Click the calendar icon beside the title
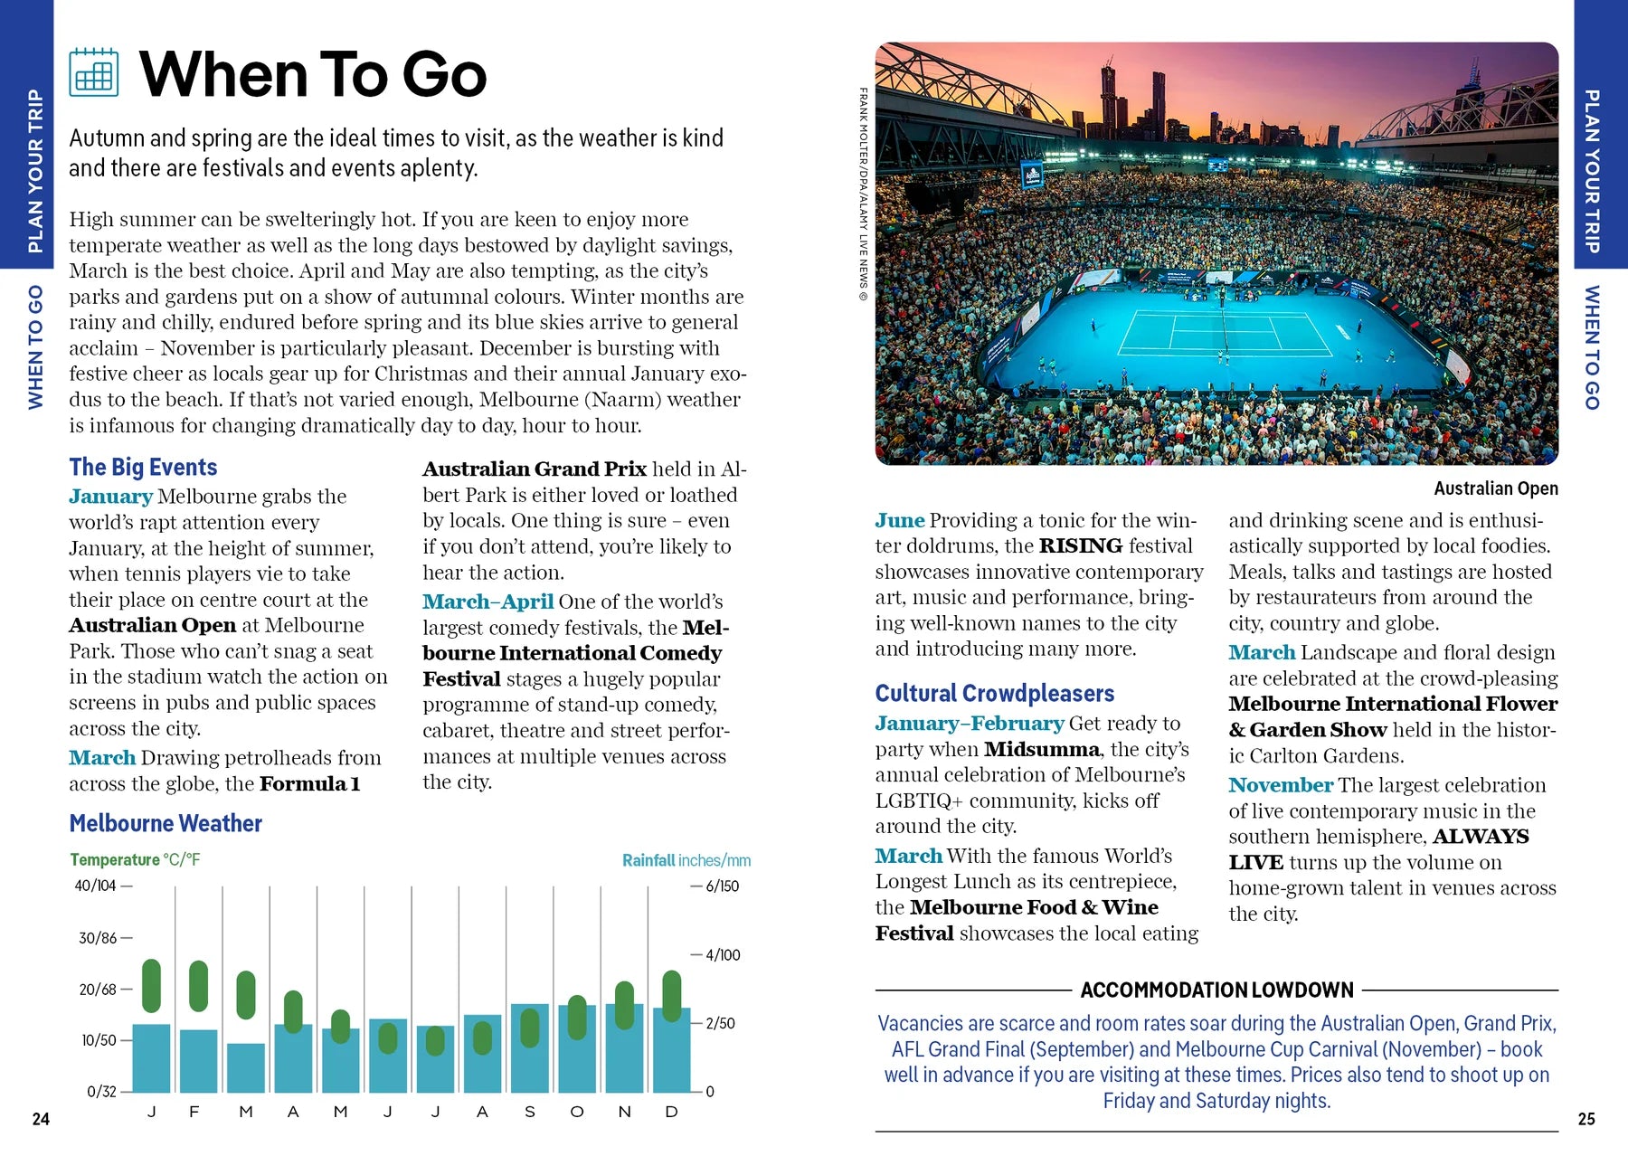(x=94, y=72)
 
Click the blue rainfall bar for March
(x=246, y=1068)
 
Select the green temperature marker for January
(x=152, y=985)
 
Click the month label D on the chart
(x=671, y=1112)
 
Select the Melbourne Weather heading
(x=166, y=823)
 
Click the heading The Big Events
(x=143, y=467)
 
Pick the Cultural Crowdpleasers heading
(x=994, y=694)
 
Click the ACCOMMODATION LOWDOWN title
(x=1216, y=990)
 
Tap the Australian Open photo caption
(x=1495, y=488)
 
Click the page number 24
(x=41, y=1119)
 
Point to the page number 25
(x=1586, y=1119)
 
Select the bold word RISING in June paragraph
(x=1080, y=546)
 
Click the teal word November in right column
(x=1280, y=785)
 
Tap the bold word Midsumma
(x=1041, y=749)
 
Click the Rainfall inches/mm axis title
(x=686, y=860)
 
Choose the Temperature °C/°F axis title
(x=135, y=859)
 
